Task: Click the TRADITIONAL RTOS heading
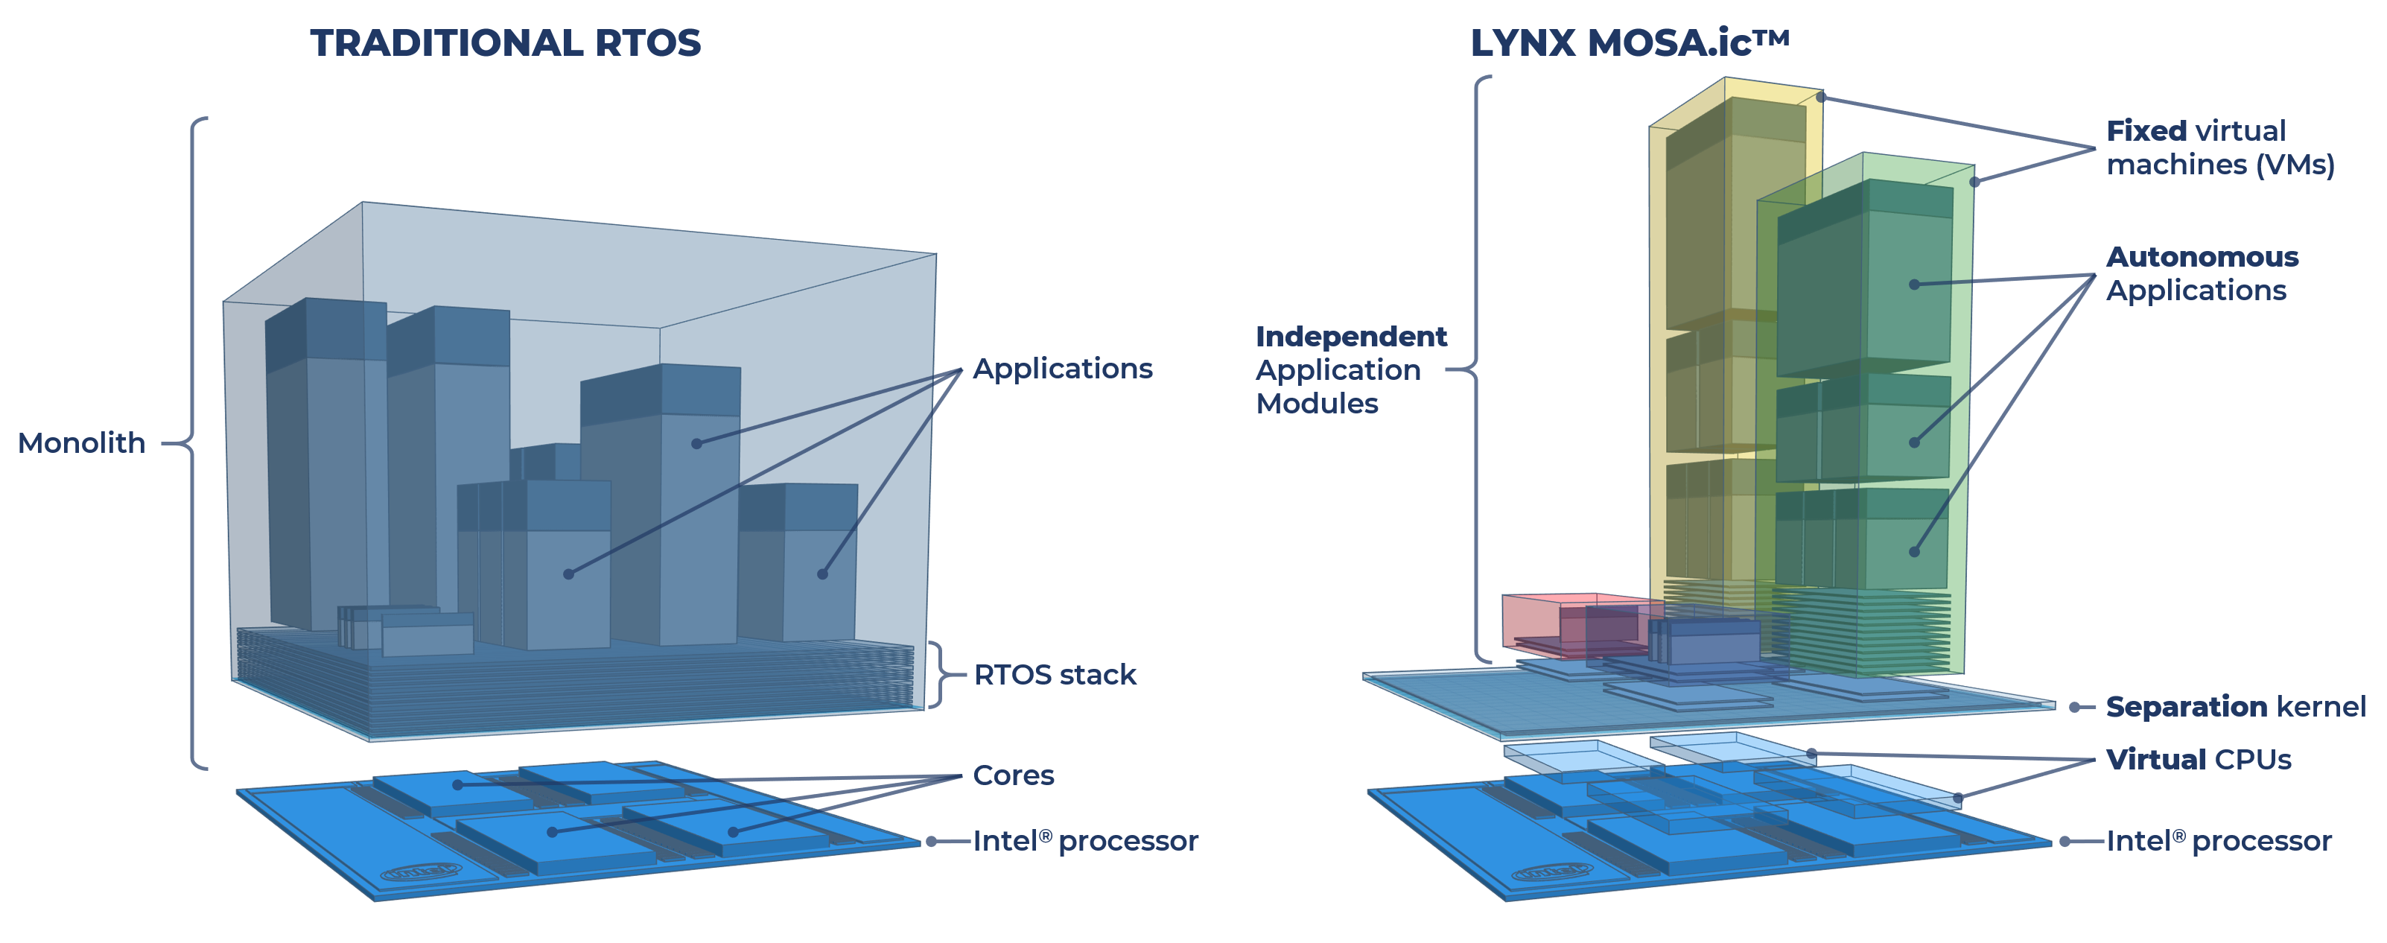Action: pyautogui.click(x=505, y=43)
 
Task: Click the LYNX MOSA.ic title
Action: pyautogui.click(x=1628, y=43)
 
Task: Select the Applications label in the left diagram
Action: pyautogui.click(x=1062, y=369)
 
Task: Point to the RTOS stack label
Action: pyautogui.click(x=1055, y=674)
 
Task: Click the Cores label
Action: pyautogui.click(x=1013, y=775)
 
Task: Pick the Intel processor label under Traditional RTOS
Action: pyautogui.click(x=1085, y=841)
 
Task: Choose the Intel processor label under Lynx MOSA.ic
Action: pyautogui.click(x=2219, y=841)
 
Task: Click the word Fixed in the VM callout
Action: pyautogui.click(x=2146, y=130)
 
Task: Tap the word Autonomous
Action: pyautogui.click(x=2202, y=256)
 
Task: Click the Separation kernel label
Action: pyautogui.click(x=2235, y=707)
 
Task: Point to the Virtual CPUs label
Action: pyautogui.click(x=2198, y=760)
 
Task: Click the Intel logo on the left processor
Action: pyautogui.click(x=421, y=871)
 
